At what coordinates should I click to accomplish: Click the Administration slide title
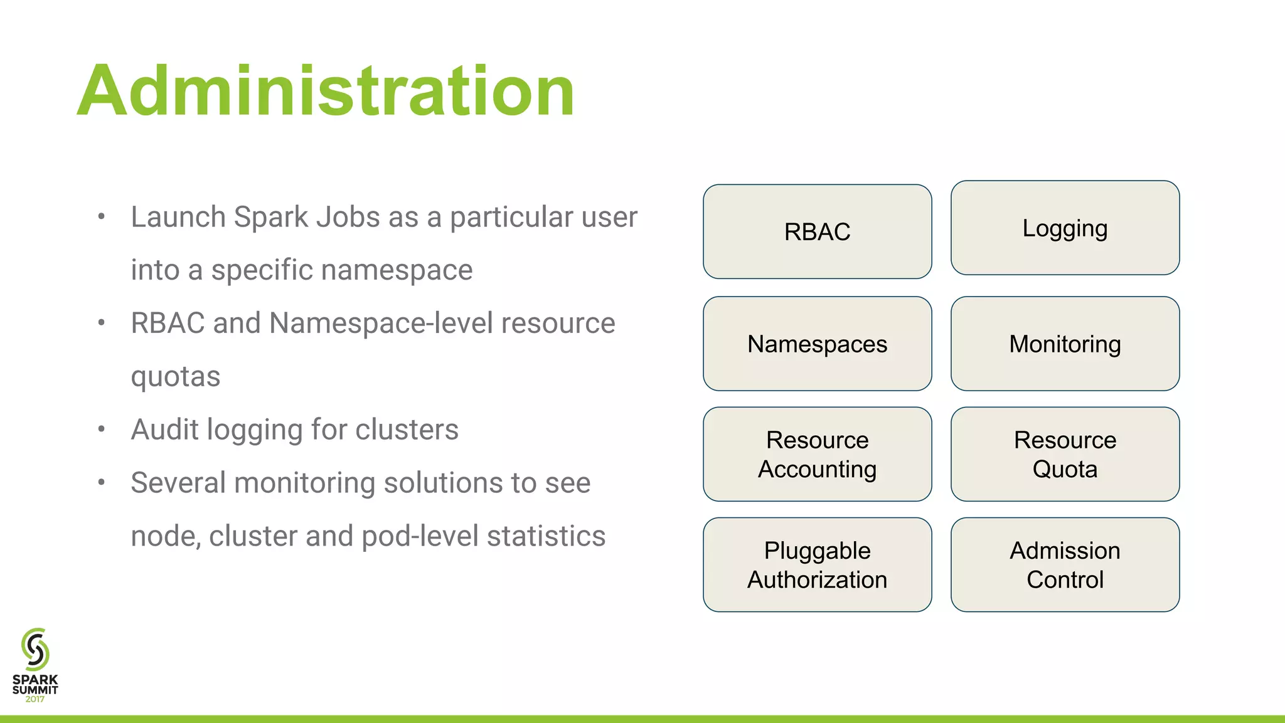326,91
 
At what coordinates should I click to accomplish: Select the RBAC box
817,231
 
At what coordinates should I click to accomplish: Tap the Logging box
1065,228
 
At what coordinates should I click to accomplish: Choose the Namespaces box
817,344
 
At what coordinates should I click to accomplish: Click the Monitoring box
1065,344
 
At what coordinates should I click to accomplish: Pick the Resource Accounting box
817,454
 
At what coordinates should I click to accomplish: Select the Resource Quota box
1065,454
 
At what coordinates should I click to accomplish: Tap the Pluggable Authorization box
817,564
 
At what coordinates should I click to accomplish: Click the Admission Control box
1065,564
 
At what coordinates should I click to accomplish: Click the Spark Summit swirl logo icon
35,649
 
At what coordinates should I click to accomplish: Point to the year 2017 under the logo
35,699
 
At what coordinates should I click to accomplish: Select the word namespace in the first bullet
404,270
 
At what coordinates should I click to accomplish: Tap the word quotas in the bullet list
176,377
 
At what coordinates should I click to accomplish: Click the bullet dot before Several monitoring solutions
101,482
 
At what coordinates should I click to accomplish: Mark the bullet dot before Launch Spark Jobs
101,217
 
